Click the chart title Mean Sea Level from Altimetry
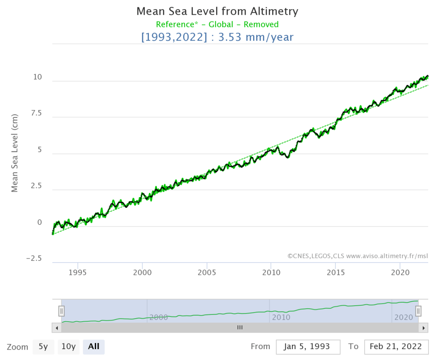pyautogui.click(x=217, y=11)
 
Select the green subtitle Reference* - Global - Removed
pyautogui.click(x=217, y=24)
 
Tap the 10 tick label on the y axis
pyautogui.click(x=37, y=78)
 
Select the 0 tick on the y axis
pyautogui.click(x=40, y=223)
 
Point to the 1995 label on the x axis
pyautogui.click(x=78, y=273)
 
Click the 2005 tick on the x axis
pyautogui.click(x=207, y=273)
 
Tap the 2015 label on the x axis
pyautogui.click(x=335, y=273)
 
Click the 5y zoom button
pyautogui.click(x=43, y=347)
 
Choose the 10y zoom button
pyautogui.click(x=68, y=347)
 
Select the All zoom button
pyautogui.click(x=94, y=347)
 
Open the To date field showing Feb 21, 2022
pyautogui.click(x=396, y=347)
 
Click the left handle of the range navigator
pyautogui.click(x=61, y=311)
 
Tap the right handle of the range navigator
pyautogui.click(x=418, y=311)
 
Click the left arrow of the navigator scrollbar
pyautogui.click(x=57, y=327)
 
